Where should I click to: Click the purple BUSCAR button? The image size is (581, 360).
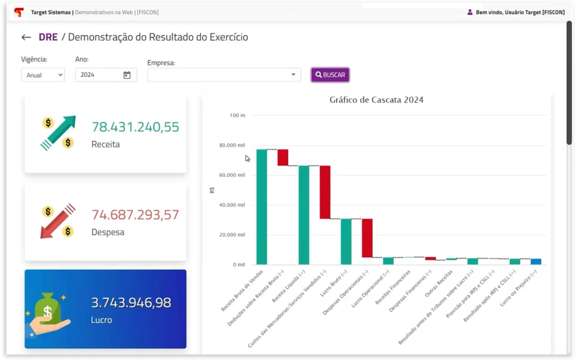pyautogui.click(x=330, y=75)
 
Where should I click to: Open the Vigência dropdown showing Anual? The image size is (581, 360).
pyautogui.click(x=43, y=75)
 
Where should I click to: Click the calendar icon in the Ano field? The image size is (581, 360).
pyautogui.click(x=127, y=75)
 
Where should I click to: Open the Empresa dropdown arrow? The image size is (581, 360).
pyautogui.click(x=293, y=74)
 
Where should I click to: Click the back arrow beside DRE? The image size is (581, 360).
pyautogui.click(x=26, y=37)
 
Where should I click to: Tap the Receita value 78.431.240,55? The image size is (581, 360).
pyautogui.click(x=135, y=127)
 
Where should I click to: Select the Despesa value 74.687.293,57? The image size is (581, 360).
pyautogui.click(x=135, y=215)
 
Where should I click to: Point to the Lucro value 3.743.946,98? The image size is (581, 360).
pyautogui.click(x=131, y=303)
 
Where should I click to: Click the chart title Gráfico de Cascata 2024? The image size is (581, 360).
pyautogui.click(x=376, y=100)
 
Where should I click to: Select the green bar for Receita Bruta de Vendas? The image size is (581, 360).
pyautogui.click(x=262, y=207)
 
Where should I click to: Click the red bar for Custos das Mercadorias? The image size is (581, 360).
pyautogui.click(x=325, y=192)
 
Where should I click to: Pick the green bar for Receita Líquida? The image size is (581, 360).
pyautogui.click(x=304, y=215)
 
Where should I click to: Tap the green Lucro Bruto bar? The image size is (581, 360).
pyautogui.click(x=346, y=242)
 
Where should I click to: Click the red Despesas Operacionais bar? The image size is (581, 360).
pyautogui.click(x=367, y=238)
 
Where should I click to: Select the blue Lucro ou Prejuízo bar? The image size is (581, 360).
pyautogui.click(x=536, y=261)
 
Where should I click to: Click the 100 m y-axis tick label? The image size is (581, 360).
pyautogui.click(x=237, y=115)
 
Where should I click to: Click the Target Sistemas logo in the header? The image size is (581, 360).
pyautogui.click(x=19, y=12)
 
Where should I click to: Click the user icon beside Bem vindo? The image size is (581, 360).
pyautogui.click(x=470, y=12)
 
